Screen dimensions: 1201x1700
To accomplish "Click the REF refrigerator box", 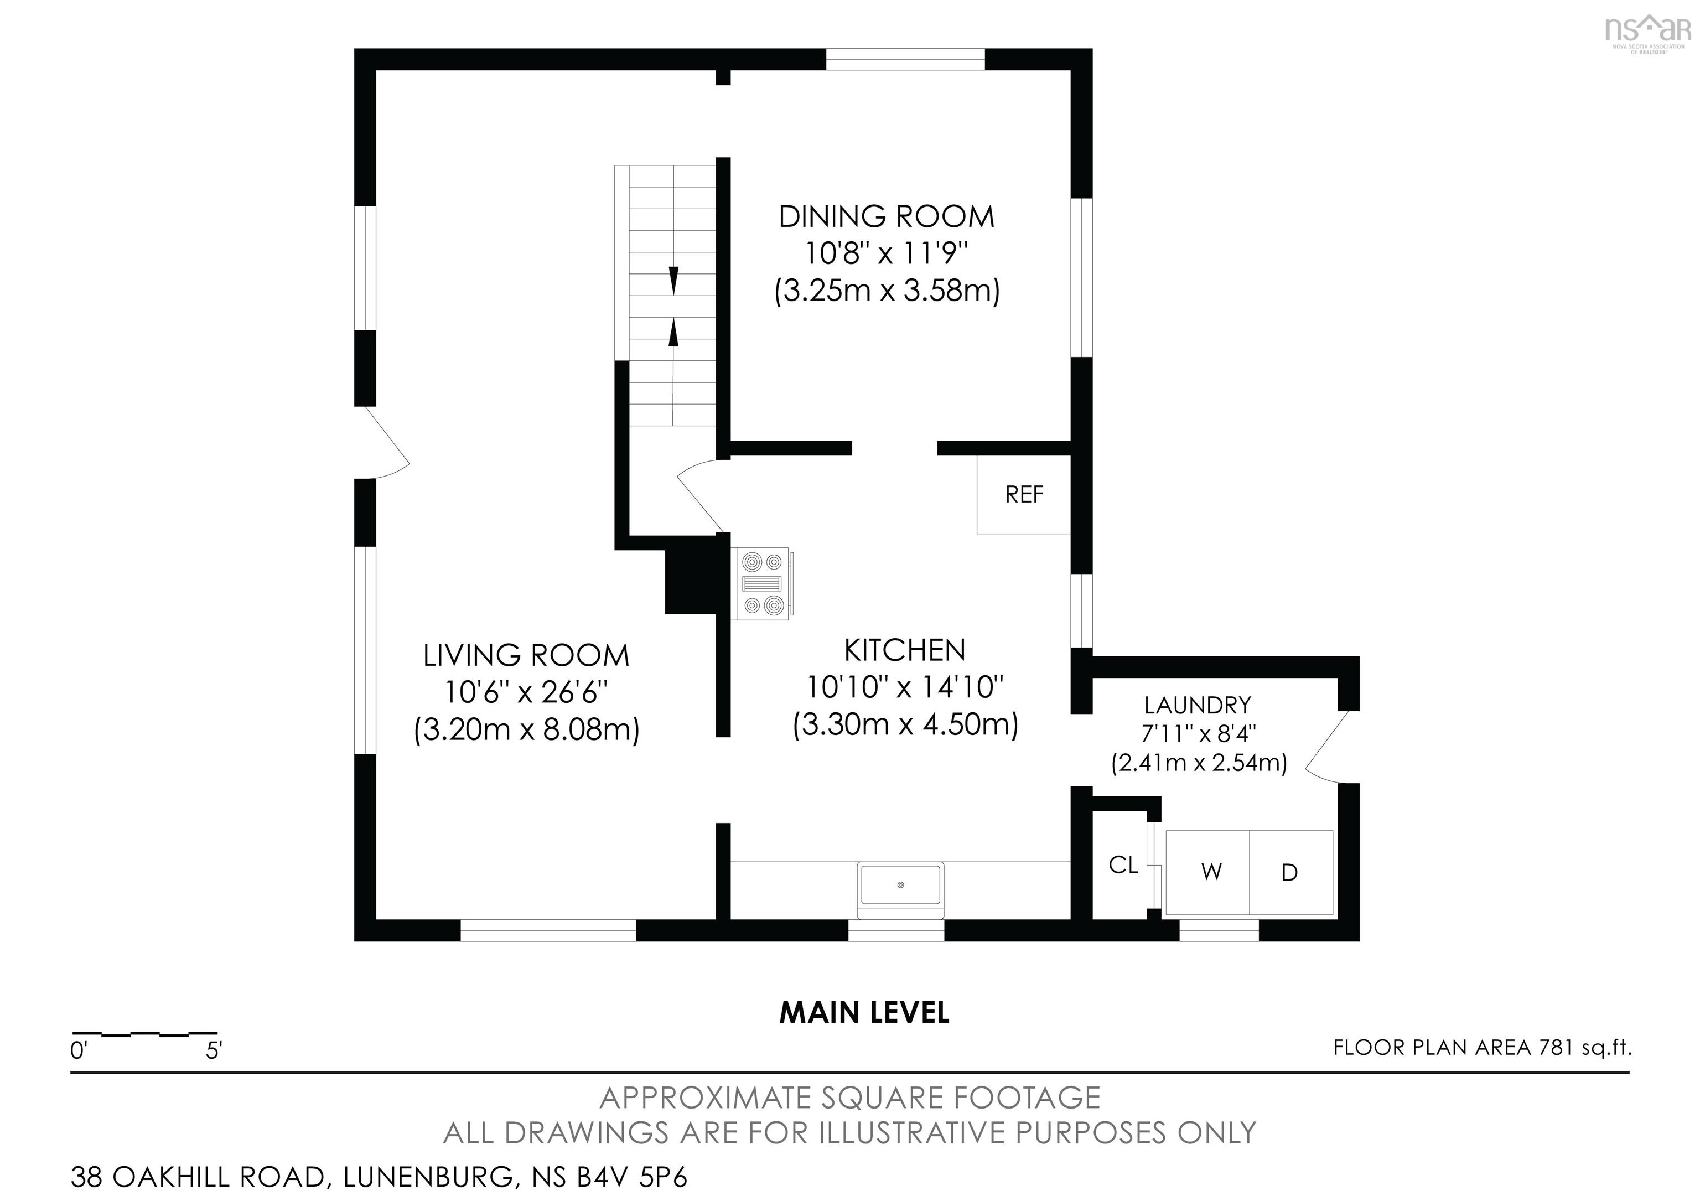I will (x=1023, y=494).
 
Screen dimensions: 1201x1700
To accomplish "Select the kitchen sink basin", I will (x=900, y=886).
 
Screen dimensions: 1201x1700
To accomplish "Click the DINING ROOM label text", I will (x=887, y=217).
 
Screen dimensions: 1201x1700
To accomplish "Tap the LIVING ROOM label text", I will (x=526, y=655).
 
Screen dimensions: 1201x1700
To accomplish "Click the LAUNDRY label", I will (x=1198, y=704).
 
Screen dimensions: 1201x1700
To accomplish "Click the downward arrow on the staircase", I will (x=673, y=280).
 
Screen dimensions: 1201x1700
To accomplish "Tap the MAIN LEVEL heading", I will (x=864, y=1013).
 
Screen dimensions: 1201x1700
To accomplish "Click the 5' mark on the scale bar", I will (x=214, y=1050).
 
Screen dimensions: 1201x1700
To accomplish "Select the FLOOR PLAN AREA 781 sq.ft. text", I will (x=1481, y=1048).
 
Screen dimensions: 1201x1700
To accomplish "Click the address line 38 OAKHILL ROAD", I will (x=379, y=1177).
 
